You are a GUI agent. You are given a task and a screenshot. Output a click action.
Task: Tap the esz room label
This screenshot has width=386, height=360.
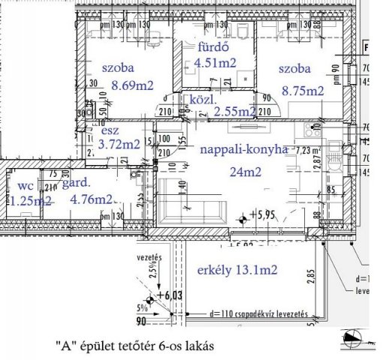[110, 130]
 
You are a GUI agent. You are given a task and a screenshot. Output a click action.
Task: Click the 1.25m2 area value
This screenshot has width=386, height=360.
[31, 200]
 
